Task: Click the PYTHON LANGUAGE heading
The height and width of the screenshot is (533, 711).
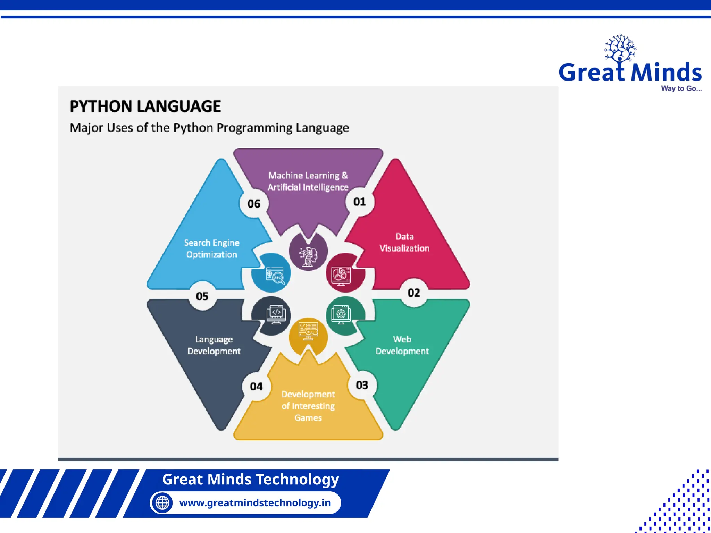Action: tap(145, 106)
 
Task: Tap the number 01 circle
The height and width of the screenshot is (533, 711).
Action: tap(360, 202)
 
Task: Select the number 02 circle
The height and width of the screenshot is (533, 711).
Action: tap(414, 293)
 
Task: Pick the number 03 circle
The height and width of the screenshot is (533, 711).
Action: tap(362, 385)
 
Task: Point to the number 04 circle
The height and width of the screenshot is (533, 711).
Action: tap(256, 387)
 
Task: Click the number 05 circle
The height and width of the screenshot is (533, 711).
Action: tap(202, 296)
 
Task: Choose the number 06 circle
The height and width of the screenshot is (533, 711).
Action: tap(254, 204)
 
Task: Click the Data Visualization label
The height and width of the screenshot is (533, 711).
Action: tap(404, 243)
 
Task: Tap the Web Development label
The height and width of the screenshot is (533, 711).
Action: tap(402, 345)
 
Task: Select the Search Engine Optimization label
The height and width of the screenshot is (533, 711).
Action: tap(211, 248)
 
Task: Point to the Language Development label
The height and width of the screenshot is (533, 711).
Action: tap(214, 345)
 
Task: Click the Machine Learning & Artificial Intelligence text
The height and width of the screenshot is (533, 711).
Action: tap(308, 181)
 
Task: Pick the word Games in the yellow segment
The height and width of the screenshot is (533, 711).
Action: tap(308, 418)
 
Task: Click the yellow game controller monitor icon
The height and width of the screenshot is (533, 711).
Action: tap(308, 332)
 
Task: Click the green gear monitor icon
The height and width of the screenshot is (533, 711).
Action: tap(342, 314)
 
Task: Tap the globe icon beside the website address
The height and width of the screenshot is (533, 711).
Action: tap(162, 502)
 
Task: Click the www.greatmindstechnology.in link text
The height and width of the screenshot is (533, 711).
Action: tap(255, 502)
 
